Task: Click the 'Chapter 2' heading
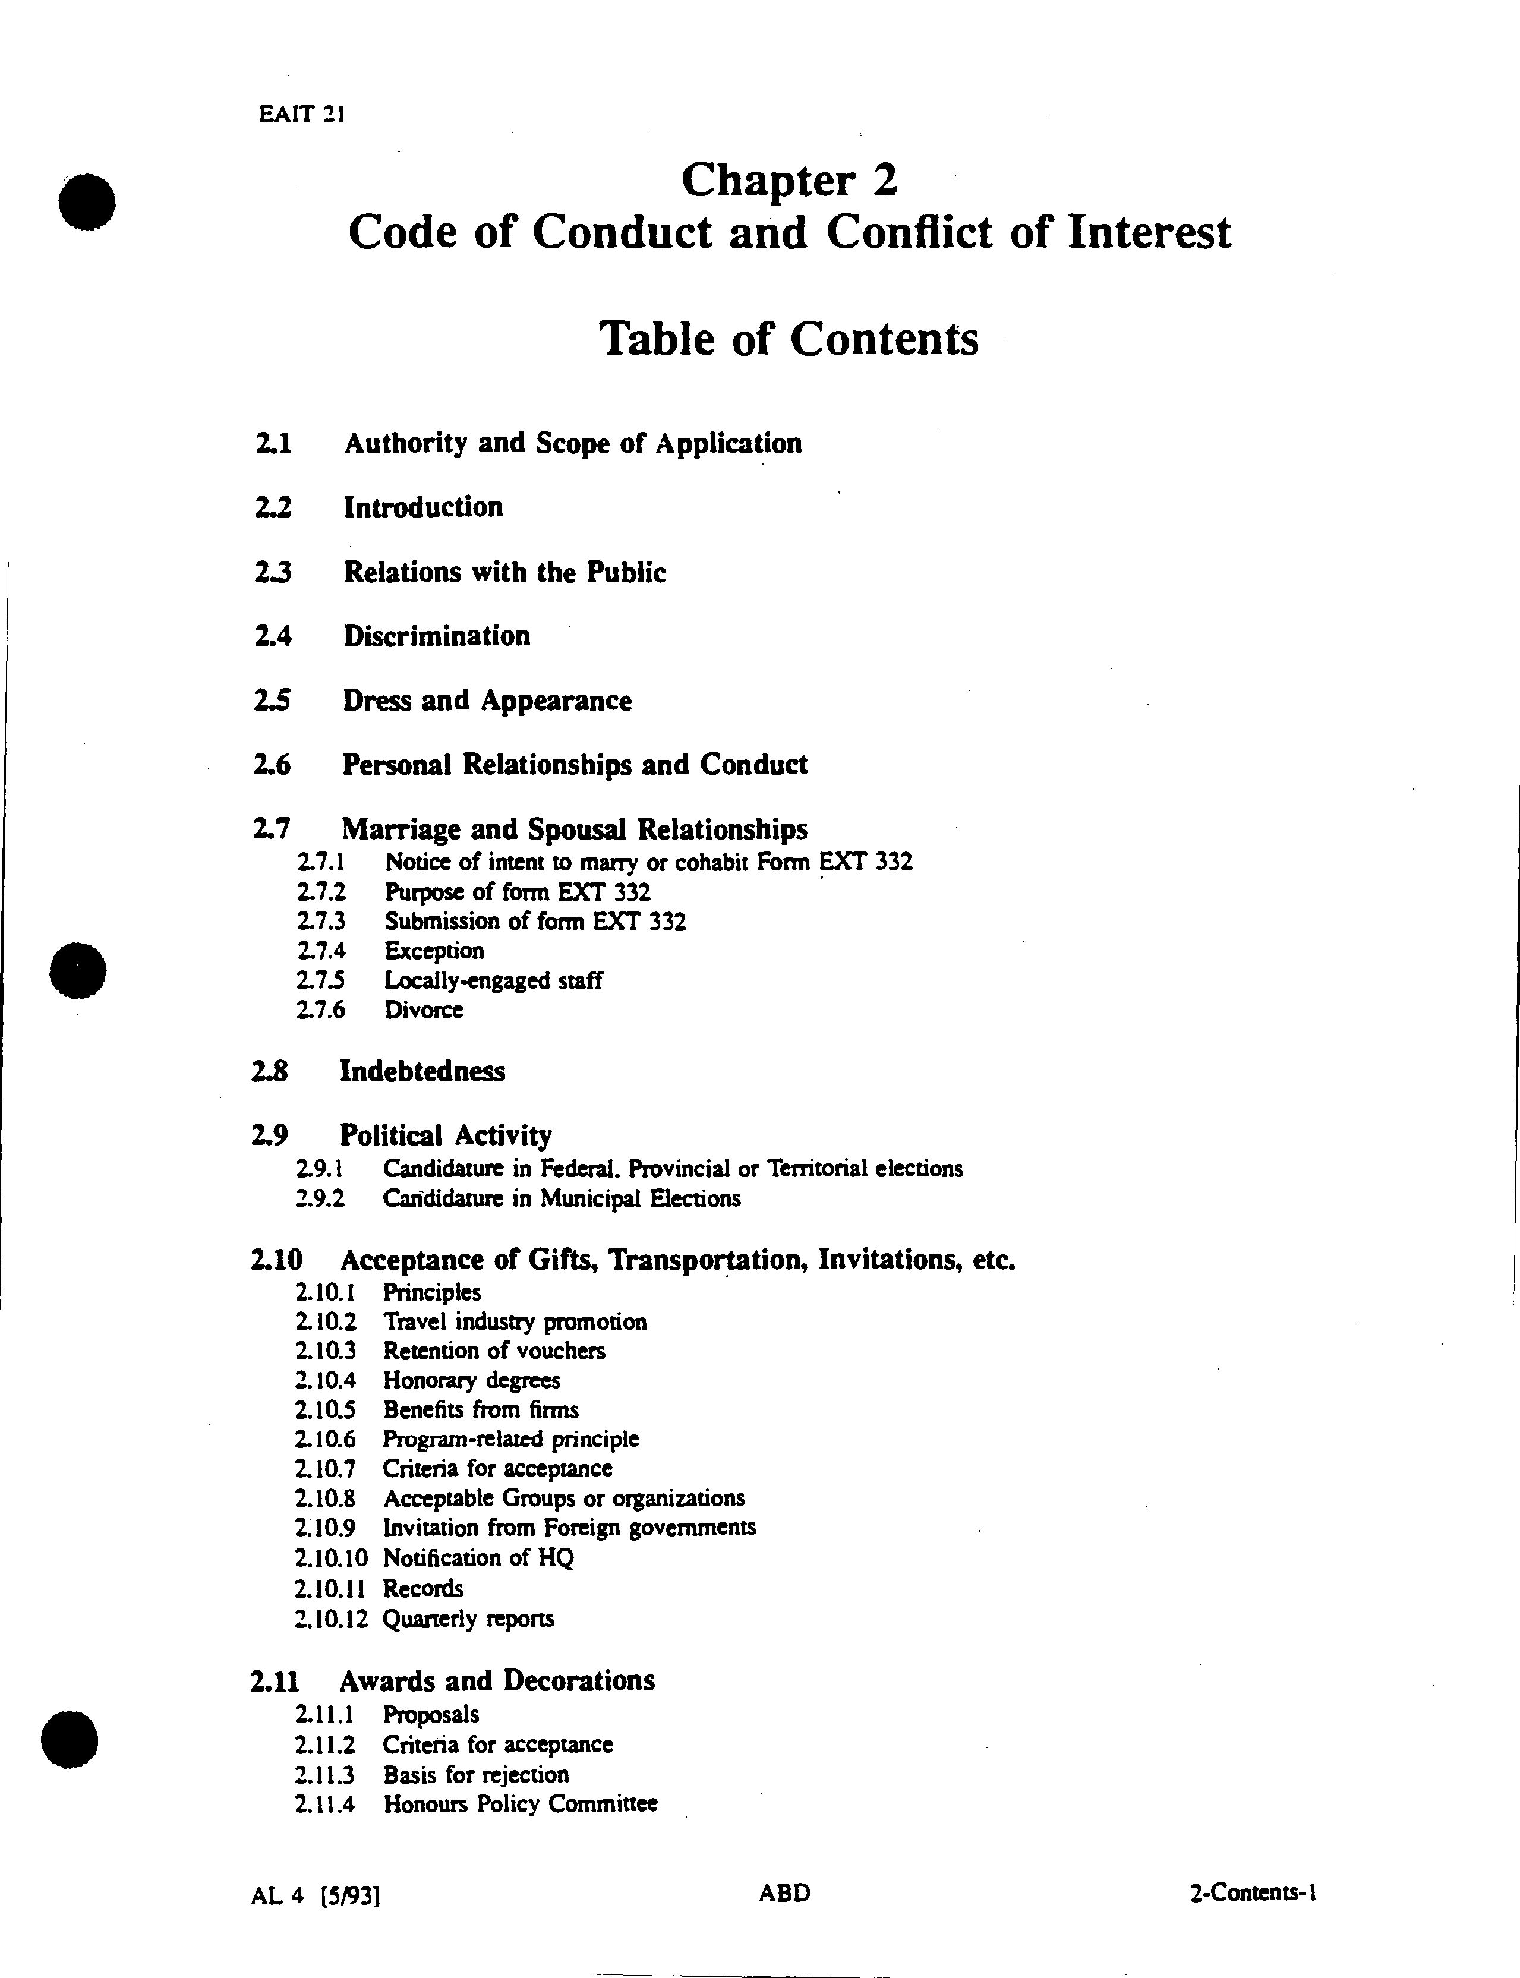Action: click(x=789, y=180)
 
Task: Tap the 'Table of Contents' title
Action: click(x=789, y=339)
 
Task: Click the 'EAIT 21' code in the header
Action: click(x=301, y=115)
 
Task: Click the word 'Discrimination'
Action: click(x=436, y=636)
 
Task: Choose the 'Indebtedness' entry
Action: click(x=422, y=1072)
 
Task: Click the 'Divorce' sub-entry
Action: click(x=424, y=1010)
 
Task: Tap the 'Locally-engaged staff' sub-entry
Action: click(x=493, y=980)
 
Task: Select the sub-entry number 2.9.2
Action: click(x=319, y=1199)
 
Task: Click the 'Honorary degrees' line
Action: click(x=471, y=1380)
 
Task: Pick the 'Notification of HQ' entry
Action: click(x=478, y=1557)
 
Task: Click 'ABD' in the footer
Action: click(x=784, y=1893)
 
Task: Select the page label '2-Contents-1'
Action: click(x=1253, y=1893)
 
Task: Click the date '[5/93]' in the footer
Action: click(x=350, y=1895)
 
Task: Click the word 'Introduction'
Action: click(x=422, y=507)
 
